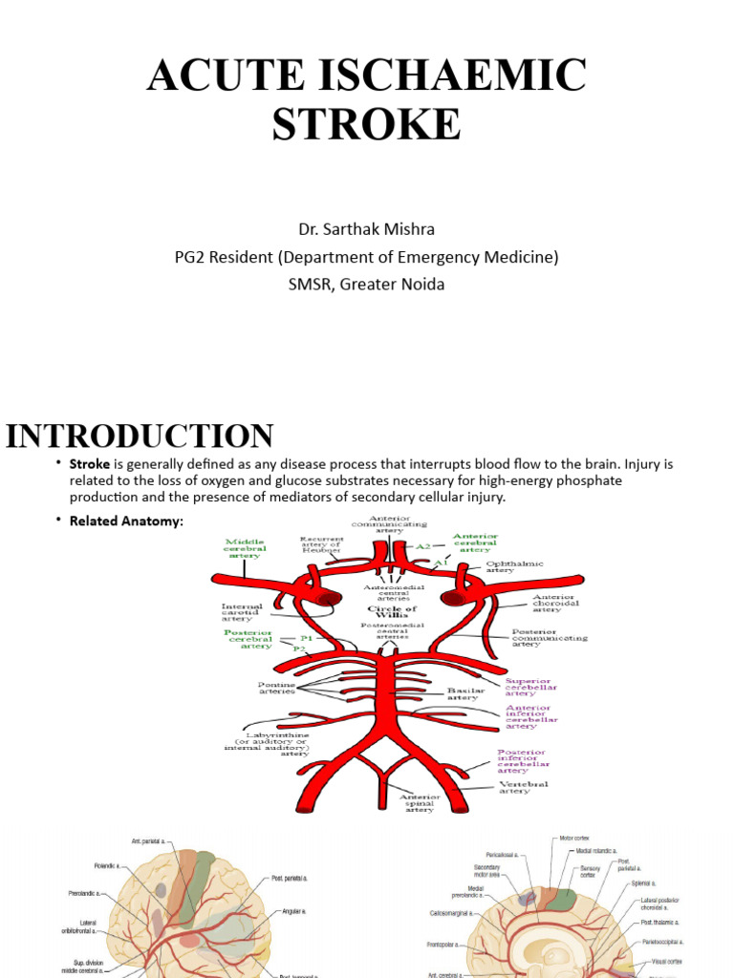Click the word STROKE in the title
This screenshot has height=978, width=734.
tap(367, 124)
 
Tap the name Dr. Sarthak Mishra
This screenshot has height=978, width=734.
tap(367, 229)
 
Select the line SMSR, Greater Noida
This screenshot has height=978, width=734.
tap(367, 284)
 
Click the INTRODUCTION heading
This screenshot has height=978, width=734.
tap(140, 436)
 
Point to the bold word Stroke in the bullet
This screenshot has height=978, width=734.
tap(90, 464)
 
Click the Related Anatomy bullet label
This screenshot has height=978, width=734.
tap(125, 521)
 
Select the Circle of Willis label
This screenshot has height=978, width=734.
tap(393, 612)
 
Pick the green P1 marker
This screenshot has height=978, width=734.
tap(307, 637)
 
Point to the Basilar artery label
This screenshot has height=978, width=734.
tap(466, 693)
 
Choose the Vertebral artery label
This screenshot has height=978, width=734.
tap(524, 788)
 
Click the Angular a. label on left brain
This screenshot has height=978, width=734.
tap(295, 911)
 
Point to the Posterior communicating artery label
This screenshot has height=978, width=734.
tap(549, 638)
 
